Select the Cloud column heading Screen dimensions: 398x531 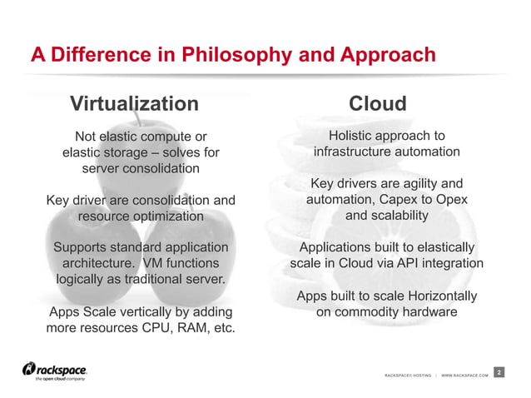[377, 104]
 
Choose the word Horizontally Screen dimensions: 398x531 [434, 296]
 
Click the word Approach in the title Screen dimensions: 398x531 [386, 56]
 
